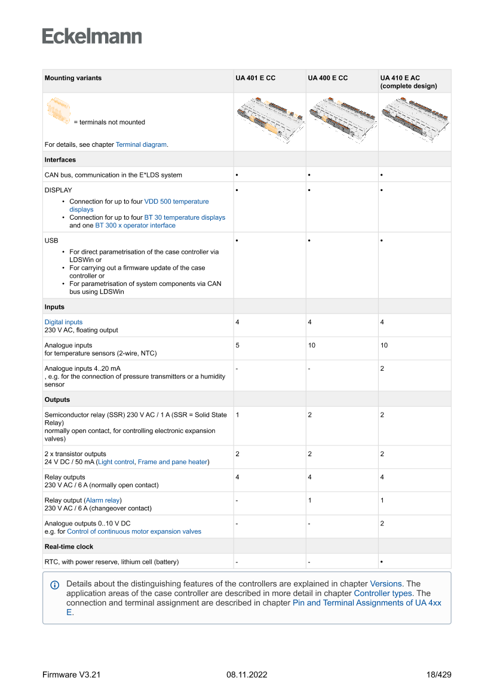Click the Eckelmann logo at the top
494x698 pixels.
[92, 36]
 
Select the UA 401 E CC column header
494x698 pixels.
[255, 78]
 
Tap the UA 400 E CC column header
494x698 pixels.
[327, 78]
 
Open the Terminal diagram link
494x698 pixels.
[142, 144]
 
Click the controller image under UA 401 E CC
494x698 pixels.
[269, 121]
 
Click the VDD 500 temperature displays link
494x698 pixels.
[176, 202]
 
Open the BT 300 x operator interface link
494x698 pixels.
[135, 226]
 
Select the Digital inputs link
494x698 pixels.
[63, 322]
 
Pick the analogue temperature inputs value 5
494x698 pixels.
[238, 346]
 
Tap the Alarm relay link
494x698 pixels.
[103, 500]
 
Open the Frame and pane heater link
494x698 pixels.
[173, 462]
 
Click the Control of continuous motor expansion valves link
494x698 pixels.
[134, 531]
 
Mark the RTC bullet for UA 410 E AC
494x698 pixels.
[382, 562]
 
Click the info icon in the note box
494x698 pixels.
[54, 585]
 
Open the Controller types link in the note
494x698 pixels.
[383, 594]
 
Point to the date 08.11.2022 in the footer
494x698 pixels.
[247, 675]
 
